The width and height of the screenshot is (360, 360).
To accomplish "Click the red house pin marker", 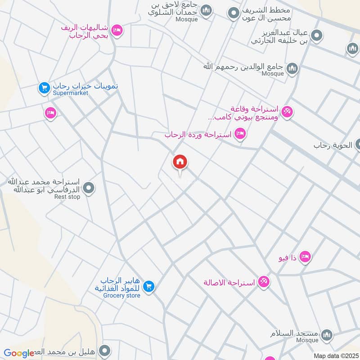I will tap(180, 162).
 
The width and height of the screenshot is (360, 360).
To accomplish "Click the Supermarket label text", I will tap(71, 93).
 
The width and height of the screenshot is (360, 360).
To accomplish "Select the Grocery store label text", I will tap(121, 296).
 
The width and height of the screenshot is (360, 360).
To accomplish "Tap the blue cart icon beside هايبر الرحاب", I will tap(149, 286).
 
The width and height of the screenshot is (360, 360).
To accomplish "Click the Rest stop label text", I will tap(67, 197).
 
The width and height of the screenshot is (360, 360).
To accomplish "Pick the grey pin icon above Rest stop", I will tap(89, 188).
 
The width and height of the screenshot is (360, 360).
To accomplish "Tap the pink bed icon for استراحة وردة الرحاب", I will tap(241, 133).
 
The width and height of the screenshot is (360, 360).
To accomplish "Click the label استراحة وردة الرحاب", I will tap(198, 135).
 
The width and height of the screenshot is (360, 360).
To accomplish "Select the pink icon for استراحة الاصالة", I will tap(264, 282).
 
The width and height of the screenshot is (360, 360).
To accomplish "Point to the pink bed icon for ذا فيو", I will tap(305, 256).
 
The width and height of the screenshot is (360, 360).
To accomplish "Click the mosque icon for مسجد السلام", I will tap(327, 335).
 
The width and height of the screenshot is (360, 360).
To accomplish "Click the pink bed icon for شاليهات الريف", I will tap(117, 30).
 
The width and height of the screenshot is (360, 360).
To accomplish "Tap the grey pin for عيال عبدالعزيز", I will tap(317, 35).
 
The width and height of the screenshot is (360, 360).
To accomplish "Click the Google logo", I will tap(19, 354).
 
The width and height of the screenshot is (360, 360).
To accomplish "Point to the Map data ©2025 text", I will tap(334, 355).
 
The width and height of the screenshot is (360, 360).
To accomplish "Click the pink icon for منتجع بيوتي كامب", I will tap(287, 111).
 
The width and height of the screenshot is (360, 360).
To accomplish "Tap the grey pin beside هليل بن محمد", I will tap(105, 350).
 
